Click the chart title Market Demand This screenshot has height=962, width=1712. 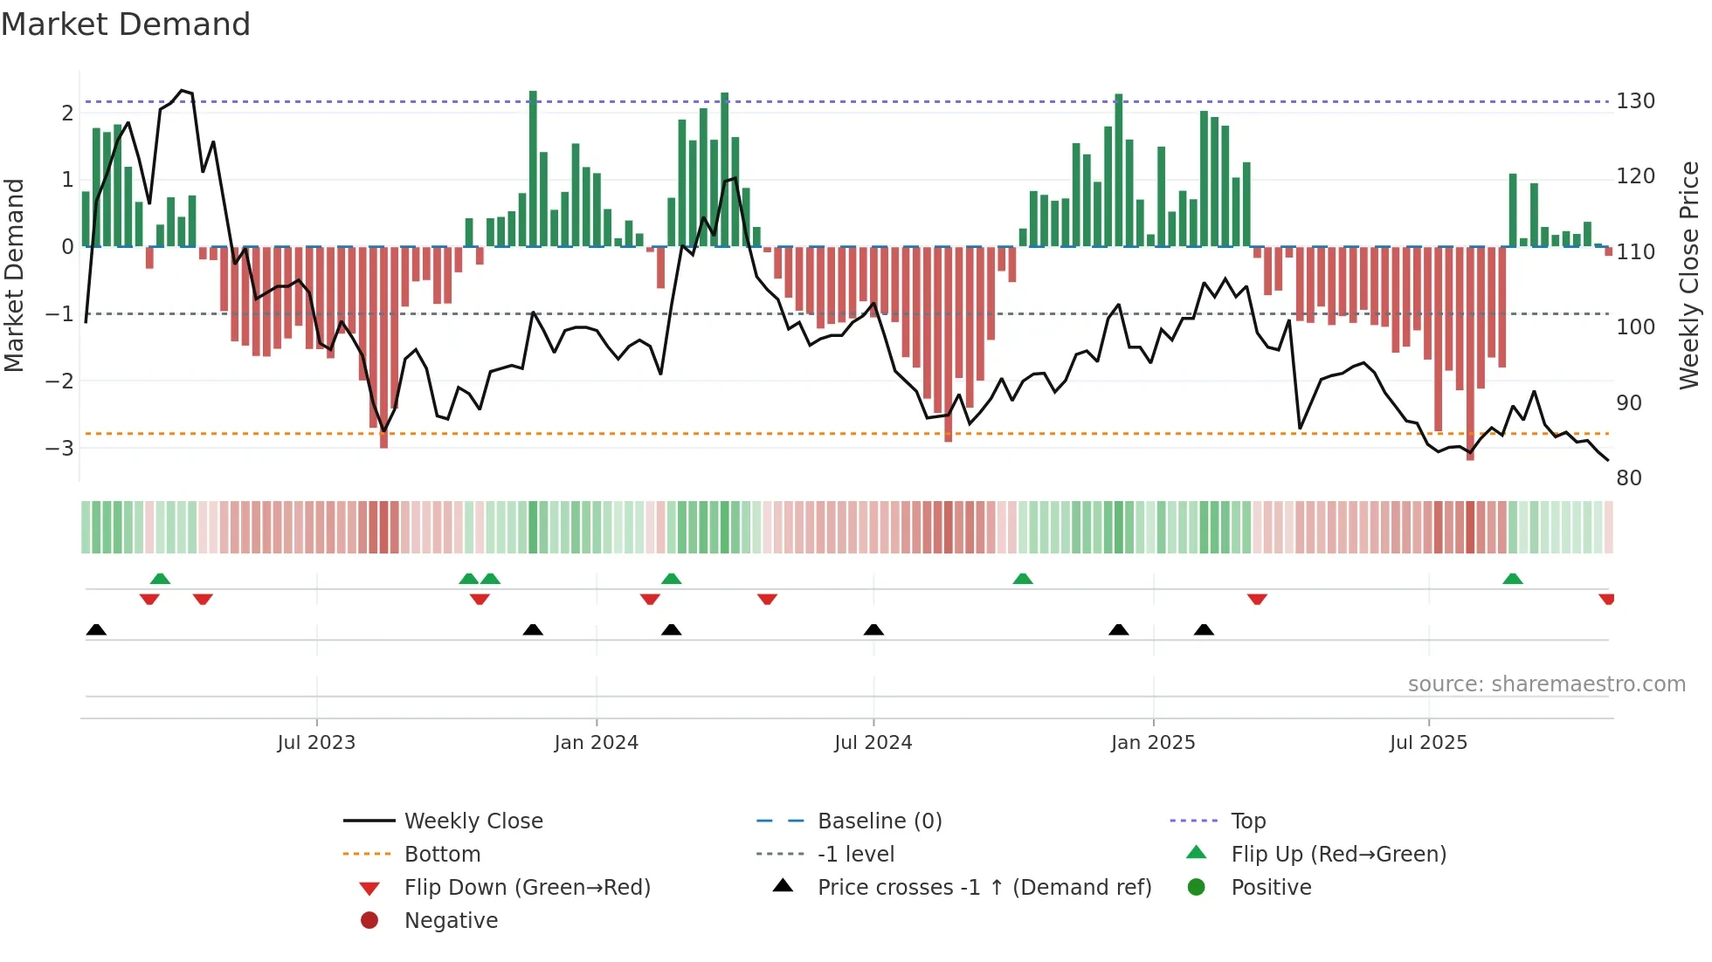pos(126,24)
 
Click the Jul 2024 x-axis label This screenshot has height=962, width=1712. pos(873,743)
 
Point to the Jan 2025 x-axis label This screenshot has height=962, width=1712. pos(1152,743)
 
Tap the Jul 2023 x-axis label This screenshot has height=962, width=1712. pos(316,743)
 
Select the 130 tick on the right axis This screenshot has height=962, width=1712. pos(1635,101)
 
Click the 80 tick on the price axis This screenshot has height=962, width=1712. pos(1628,478)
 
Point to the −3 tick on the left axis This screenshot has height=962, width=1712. pos(59,449)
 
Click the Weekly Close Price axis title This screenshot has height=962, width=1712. pos(1689,275)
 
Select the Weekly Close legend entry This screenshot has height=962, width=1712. pos(473,821)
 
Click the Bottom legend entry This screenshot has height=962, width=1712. pos(442,855)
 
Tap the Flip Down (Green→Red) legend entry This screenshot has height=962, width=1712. pos(527,888)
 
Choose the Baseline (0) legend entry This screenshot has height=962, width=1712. pos(879,821)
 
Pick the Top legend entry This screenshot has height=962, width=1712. pos(1247,821)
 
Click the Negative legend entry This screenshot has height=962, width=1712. pos(451,921)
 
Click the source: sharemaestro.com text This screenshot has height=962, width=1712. pos(1546,684)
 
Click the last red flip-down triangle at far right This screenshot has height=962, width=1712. pos(1606,599)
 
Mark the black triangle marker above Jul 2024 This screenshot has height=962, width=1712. pos(873,629)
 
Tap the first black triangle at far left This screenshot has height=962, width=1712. pos(96,629)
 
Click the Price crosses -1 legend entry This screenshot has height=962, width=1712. pos(984,888)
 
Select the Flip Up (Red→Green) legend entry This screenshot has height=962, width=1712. pos(1338,855)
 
